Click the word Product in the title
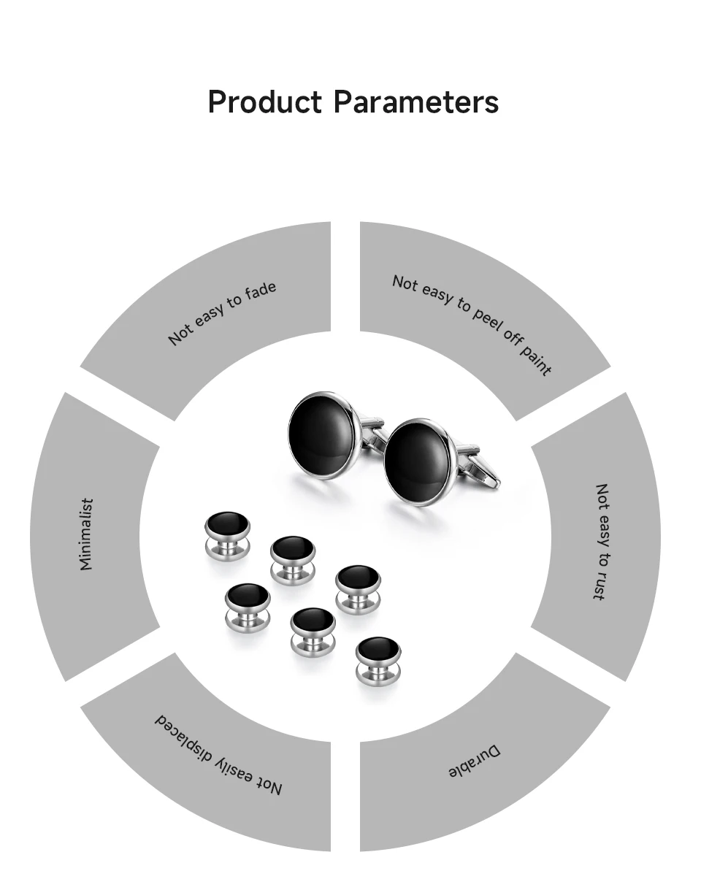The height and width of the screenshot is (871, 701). click(x=264, y=102)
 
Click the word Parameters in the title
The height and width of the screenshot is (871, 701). click(x=416, y=102)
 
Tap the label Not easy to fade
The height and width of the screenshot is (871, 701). click(x=223, y=312)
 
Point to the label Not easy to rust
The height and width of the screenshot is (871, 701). click(x=601, y=541)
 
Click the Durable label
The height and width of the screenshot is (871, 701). click(x=475, y=761)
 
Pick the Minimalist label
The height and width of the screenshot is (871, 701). click(x=86, y=534)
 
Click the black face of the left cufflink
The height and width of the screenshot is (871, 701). click(x=321, y=434)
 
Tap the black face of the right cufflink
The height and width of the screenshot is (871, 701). click(x=417, y=462)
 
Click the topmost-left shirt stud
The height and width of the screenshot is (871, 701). click(x=227, y=523)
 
